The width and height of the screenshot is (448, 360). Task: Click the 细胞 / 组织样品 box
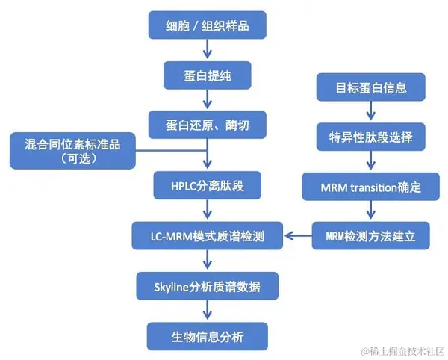(x=208, y=27)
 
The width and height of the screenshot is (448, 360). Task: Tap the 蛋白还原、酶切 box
(x=208, y=123)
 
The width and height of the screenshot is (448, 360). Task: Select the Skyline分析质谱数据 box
(x=208, y=285)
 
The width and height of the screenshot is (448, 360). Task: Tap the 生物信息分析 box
(x=208, y=335)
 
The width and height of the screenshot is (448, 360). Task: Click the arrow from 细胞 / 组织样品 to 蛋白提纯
(x=208, y=51)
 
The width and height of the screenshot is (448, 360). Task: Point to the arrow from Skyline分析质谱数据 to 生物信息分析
(x=208, y=311)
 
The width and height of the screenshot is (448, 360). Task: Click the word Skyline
(x=173, y=285)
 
